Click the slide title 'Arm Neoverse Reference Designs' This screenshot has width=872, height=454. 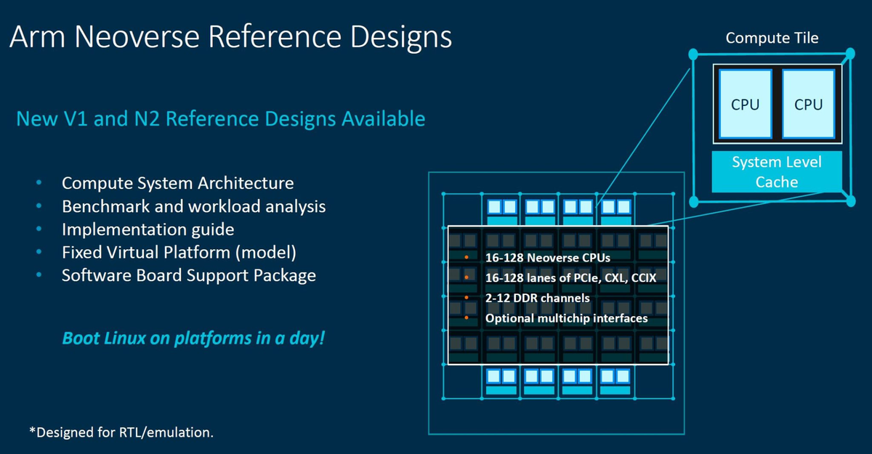[x=230, y=37]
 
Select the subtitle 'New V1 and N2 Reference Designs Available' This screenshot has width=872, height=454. [x=220, y=118]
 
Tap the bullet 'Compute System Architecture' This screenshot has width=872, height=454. [x=177, y=183]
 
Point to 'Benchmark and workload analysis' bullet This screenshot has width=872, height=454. [x=193, y=206]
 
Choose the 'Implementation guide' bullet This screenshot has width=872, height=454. [x=148, y=230]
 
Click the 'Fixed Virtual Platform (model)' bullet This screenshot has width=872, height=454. [x=179, y=253]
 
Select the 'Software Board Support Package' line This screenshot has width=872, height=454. [x=188, y=276]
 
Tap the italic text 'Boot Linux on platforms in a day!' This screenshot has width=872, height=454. [x=193, y=339]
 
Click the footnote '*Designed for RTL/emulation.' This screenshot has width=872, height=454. [x=121, y=432]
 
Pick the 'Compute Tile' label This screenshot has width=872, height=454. [x=772, y=38]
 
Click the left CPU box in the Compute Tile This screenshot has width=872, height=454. [x=745, y=105]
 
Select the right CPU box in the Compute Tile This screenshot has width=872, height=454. [x=808, y=105]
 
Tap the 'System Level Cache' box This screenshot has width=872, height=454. [x=776, y=172]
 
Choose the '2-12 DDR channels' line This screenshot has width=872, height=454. [x=537, y=298]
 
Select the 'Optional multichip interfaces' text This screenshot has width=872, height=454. [x=566, y=318]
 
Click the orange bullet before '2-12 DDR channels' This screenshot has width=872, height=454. [x=467, y=298]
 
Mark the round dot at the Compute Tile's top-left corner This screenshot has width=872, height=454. [x=693, y=54]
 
